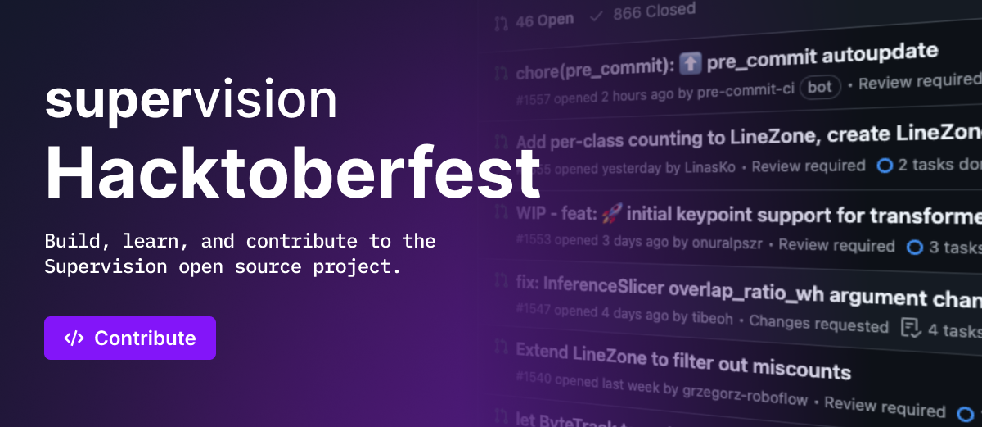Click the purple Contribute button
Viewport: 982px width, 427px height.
coord(130,338)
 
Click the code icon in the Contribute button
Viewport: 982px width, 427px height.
coord(74,338)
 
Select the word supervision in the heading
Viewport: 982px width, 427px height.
coord(191,100)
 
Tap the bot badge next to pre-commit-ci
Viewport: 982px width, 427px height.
coord(819,87)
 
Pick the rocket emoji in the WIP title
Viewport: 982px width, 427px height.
coord(611,215)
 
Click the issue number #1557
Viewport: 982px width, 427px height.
coord(534,99)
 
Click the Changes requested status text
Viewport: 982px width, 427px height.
coord(818,324)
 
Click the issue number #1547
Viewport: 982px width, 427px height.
coord(534,310)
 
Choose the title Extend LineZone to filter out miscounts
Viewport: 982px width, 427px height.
coord(683,361)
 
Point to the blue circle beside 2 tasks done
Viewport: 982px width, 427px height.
coord(884,165)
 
